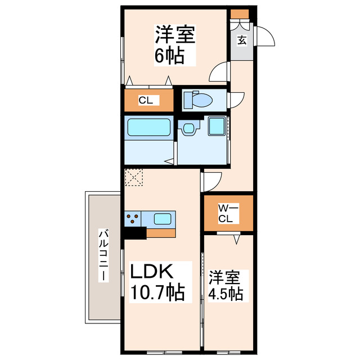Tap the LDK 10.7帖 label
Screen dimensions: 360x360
[x=157, y=282]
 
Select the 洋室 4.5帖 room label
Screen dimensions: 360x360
[x=226, y=286]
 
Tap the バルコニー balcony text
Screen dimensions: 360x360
[x=103, y=256]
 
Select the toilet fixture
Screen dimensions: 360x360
[x=200, y=100]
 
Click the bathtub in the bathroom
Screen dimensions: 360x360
[x=147, y=128]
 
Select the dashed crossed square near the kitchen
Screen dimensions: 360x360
[x=134, y=178]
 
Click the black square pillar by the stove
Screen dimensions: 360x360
[x=134, y=232]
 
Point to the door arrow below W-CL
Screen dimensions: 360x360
[x=236, y=238]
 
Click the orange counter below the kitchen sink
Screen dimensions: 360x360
[x=161, y=231]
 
